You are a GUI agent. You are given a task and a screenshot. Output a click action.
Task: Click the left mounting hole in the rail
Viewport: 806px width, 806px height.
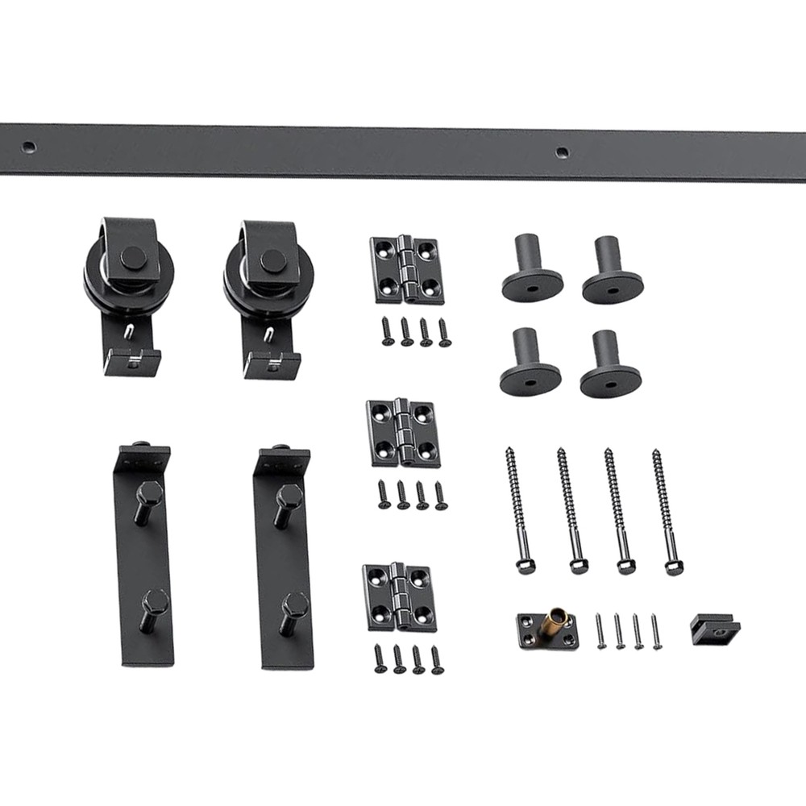pyautogui.click(x=29, y=147)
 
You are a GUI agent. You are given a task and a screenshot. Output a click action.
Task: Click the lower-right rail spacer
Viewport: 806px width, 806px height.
pyautogui.click(x=610, y=367)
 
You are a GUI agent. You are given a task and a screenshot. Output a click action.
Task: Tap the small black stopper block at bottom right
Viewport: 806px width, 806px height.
pyautogui.click(x=713, y=626)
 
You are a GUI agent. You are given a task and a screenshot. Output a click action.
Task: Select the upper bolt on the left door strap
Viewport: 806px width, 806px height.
pyautogui.click(x=150, y=497)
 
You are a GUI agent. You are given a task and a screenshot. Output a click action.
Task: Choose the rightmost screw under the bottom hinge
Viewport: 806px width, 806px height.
pyautogui.click(x=436, y=659)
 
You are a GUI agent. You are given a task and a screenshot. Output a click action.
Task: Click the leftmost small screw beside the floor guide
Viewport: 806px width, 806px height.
pyautogui.click(x=600, y=630)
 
